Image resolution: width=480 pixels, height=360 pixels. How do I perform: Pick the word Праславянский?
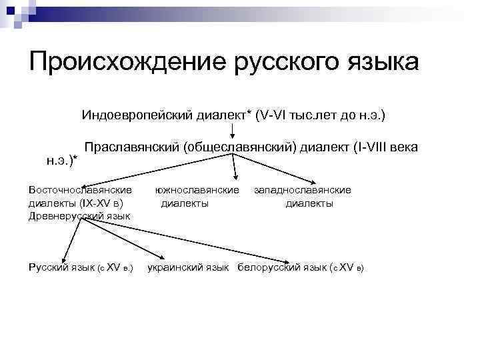pos(132,147)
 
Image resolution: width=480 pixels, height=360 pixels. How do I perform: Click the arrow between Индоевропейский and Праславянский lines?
pos(233,130)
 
